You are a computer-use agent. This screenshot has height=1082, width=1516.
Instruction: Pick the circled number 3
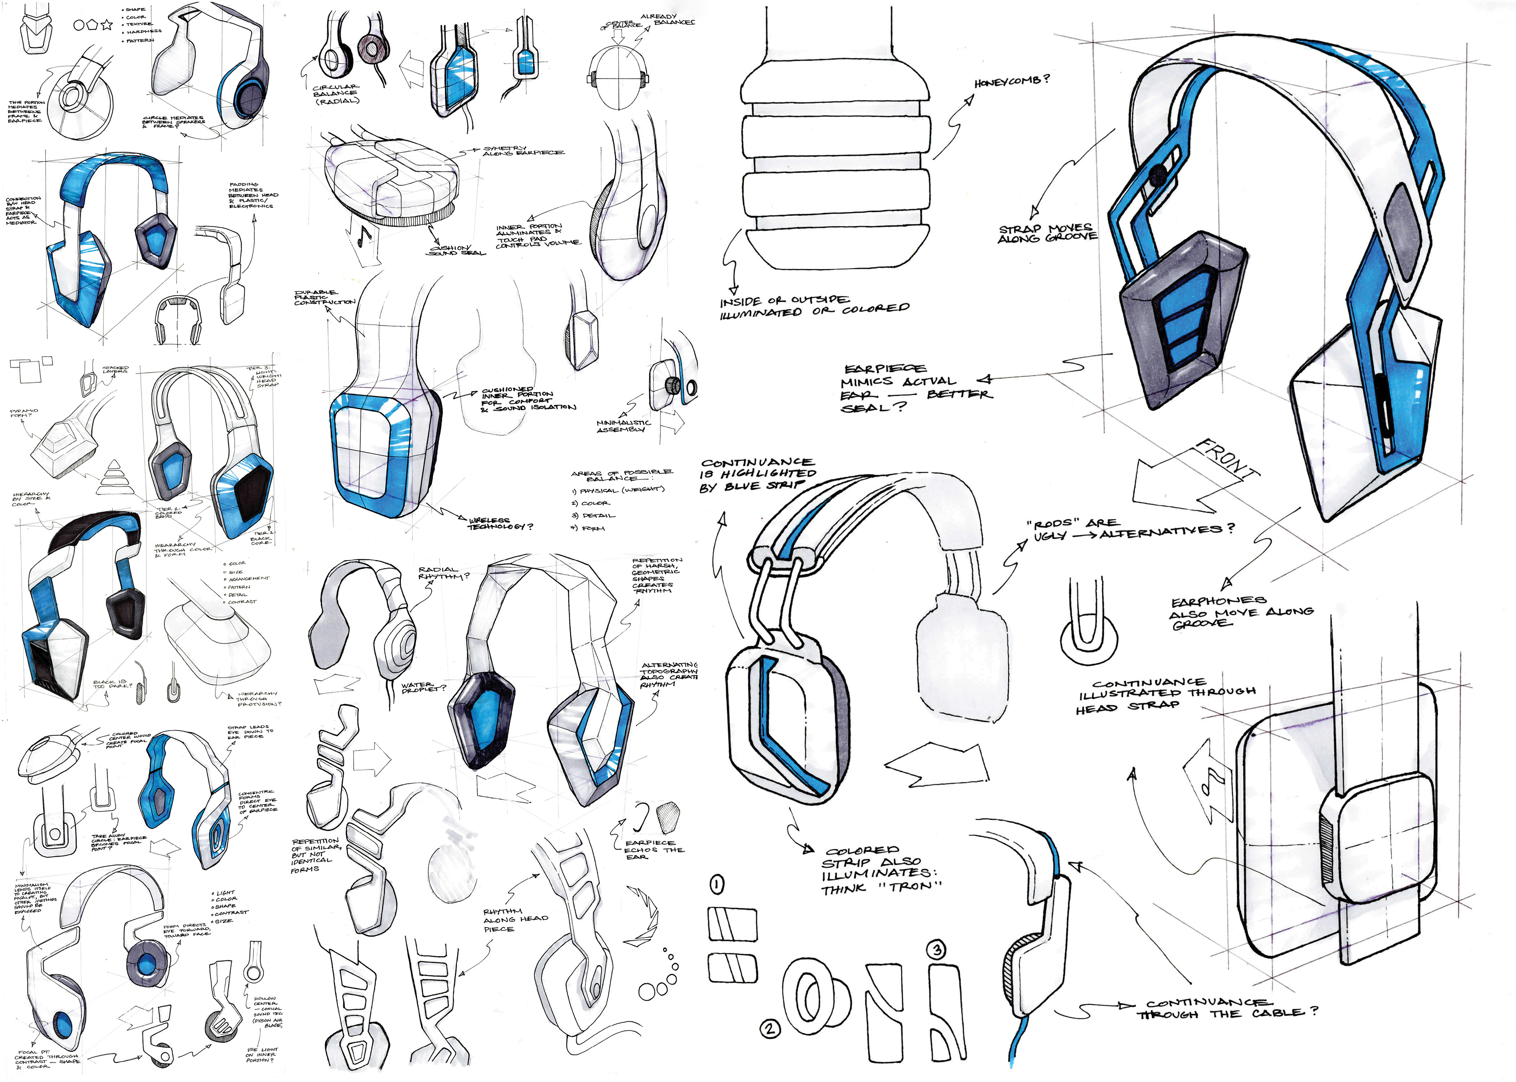coord(937,949)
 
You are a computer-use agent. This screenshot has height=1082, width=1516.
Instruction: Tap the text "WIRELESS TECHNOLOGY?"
coord(500,523)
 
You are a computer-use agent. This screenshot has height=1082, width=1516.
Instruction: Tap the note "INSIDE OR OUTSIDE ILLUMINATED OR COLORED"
coord(813,306)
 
